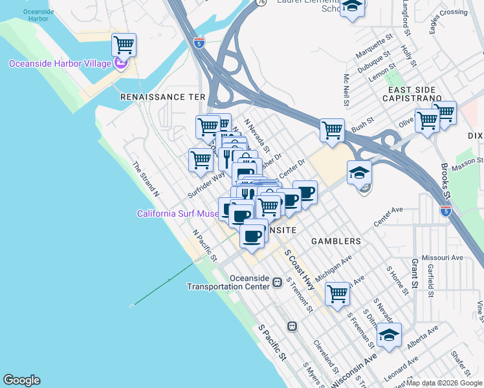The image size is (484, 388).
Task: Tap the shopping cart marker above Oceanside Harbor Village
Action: tap(123, 45)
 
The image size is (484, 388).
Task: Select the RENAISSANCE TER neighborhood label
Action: tap(162, 96)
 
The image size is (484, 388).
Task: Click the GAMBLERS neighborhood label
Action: tap(336, 241)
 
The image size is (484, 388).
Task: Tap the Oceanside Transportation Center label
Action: tap(228, 283)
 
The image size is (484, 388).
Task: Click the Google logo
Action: tap(21, 380)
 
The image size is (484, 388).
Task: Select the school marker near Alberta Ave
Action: tap(389, 336)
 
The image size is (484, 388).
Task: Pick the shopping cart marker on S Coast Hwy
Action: tap(337, 294)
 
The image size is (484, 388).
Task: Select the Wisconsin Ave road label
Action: tap(353, 369)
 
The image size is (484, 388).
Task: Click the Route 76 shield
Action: tap(260, 3)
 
